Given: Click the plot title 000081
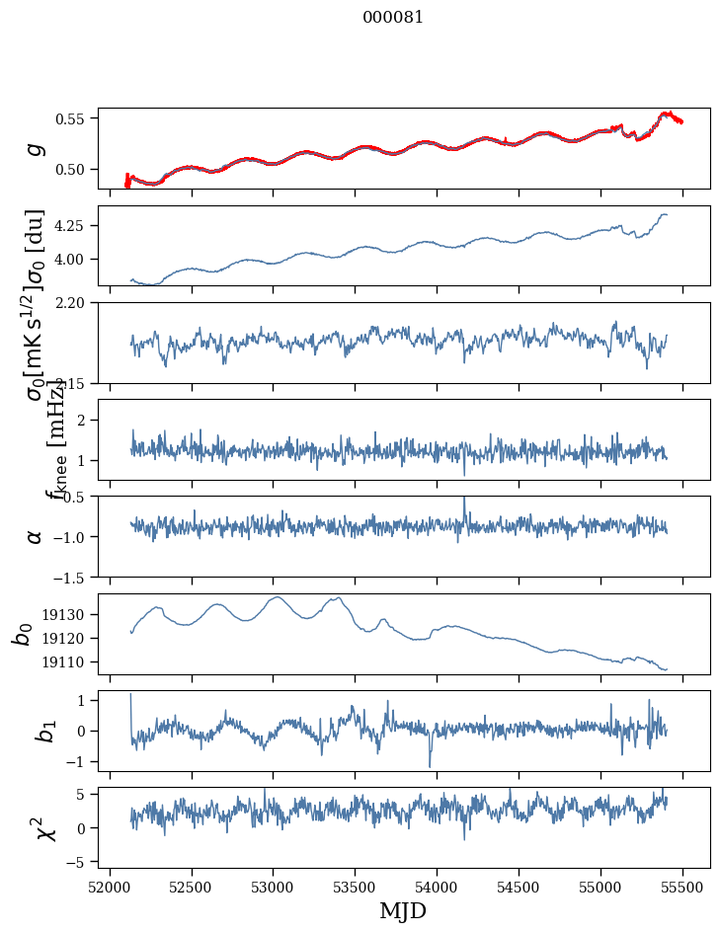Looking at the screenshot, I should (x=393, y=18).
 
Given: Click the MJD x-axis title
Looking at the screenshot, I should (x=403, y=910).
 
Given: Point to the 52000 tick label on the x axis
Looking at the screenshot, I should (x=110, y=886).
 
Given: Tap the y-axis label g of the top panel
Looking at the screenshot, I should (x=36, y=148).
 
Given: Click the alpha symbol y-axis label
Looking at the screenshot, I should (x=36, y=536).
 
